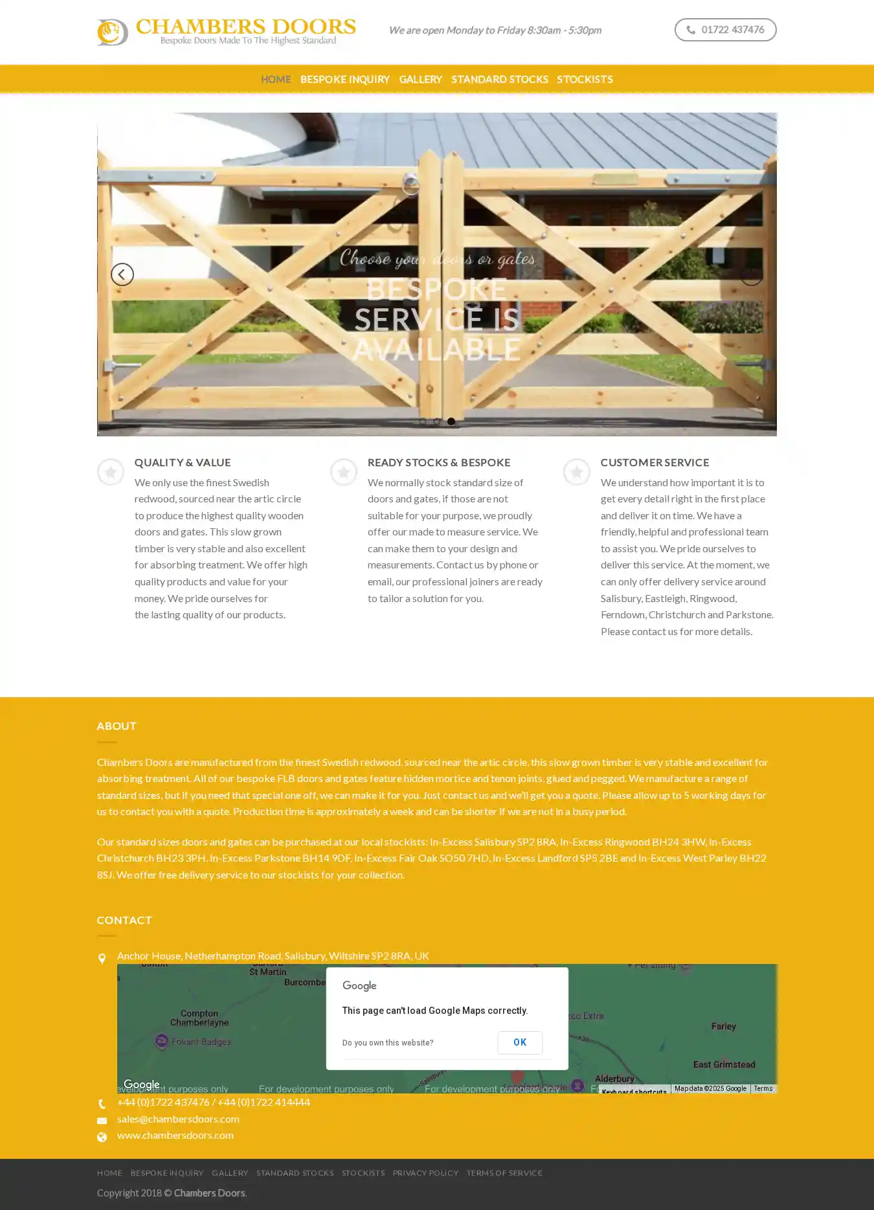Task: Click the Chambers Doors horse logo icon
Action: click(x=112, y=32)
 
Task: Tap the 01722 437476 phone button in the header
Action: click(x=725, y=30)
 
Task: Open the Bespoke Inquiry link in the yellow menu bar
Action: click(x=344, y=79)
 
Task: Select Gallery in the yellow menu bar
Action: click(x=420, y=79)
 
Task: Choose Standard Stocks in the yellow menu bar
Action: click(x=499, y=79)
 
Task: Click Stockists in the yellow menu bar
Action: click(x=585, y=79)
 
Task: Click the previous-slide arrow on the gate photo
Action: click(x=122, y=274)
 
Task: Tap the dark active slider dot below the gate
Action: click(x=451, y=421)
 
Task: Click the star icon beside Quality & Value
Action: click(x=111, y=472)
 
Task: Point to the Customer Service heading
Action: click(x=655, y=462)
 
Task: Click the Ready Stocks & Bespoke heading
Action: click(x=439, y=462)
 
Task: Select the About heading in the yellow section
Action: click(x=117, y=726)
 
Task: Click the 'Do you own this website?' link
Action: click(x=388, y=1042)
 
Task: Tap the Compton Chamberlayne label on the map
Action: click(x=199, y=1018)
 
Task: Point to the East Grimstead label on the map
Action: click(x=724, y=1064)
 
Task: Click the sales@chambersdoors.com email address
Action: click(x=178, y=1119)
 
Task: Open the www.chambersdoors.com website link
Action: click(x=175, y=1135)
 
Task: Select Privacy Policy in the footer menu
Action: click(x=425, y=1172)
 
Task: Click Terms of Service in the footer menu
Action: click(x=504, y=1172)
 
